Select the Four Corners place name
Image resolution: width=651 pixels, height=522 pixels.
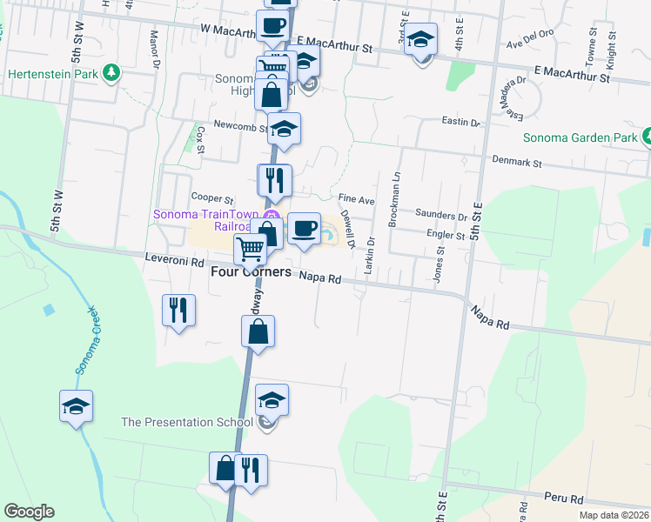[x=251, y=272]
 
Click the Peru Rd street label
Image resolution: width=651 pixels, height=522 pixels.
[x=563, y=499]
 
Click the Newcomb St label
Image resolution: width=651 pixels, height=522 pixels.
[x=238, y=127]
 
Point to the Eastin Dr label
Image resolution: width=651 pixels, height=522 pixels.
[x=460, y=123]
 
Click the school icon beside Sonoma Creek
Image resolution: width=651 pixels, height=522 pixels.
[x=76, y=405]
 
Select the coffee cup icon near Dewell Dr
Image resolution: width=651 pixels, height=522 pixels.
[x=304, y=229]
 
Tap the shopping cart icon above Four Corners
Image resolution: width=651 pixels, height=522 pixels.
[x=250, y=249]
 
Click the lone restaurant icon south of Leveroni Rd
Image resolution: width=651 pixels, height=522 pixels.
[x=179, y=310]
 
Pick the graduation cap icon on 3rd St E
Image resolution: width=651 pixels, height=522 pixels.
[x=421, y=39]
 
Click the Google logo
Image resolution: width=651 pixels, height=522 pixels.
[x=29, y=512]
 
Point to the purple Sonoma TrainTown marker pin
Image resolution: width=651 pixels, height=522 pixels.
[x=272, y=217]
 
